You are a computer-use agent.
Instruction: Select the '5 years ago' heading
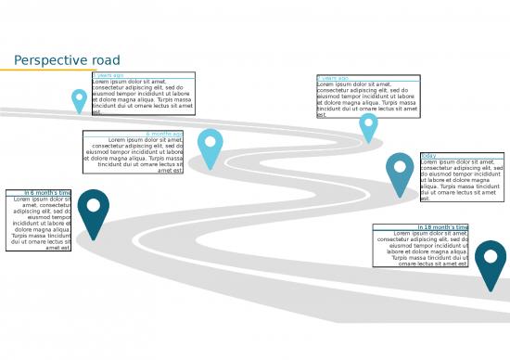108,75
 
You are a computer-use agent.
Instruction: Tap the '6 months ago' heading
164,134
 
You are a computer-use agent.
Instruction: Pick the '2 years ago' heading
333,78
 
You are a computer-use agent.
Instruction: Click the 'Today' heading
428,156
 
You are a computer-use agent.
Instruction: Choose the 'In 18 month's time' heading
442,227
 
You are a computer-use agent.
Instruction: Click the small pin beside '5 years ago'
80,100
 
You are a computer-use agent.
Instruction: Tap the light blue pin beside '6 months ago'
210,147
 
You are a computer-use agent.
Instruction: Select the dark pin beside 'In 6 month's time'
93,212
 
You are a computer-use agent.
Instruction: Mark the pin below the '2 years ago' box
368,126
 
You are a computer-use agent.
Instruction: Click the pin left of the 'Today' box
401,172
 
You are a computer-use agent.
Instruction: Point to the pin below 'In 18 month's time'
491,263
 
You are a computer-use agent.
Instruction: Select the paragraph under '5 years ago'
143,96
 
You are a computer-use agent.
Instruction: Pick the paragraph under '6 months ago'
134,155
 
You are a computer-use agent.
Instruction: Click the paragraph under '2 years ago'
367,99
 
